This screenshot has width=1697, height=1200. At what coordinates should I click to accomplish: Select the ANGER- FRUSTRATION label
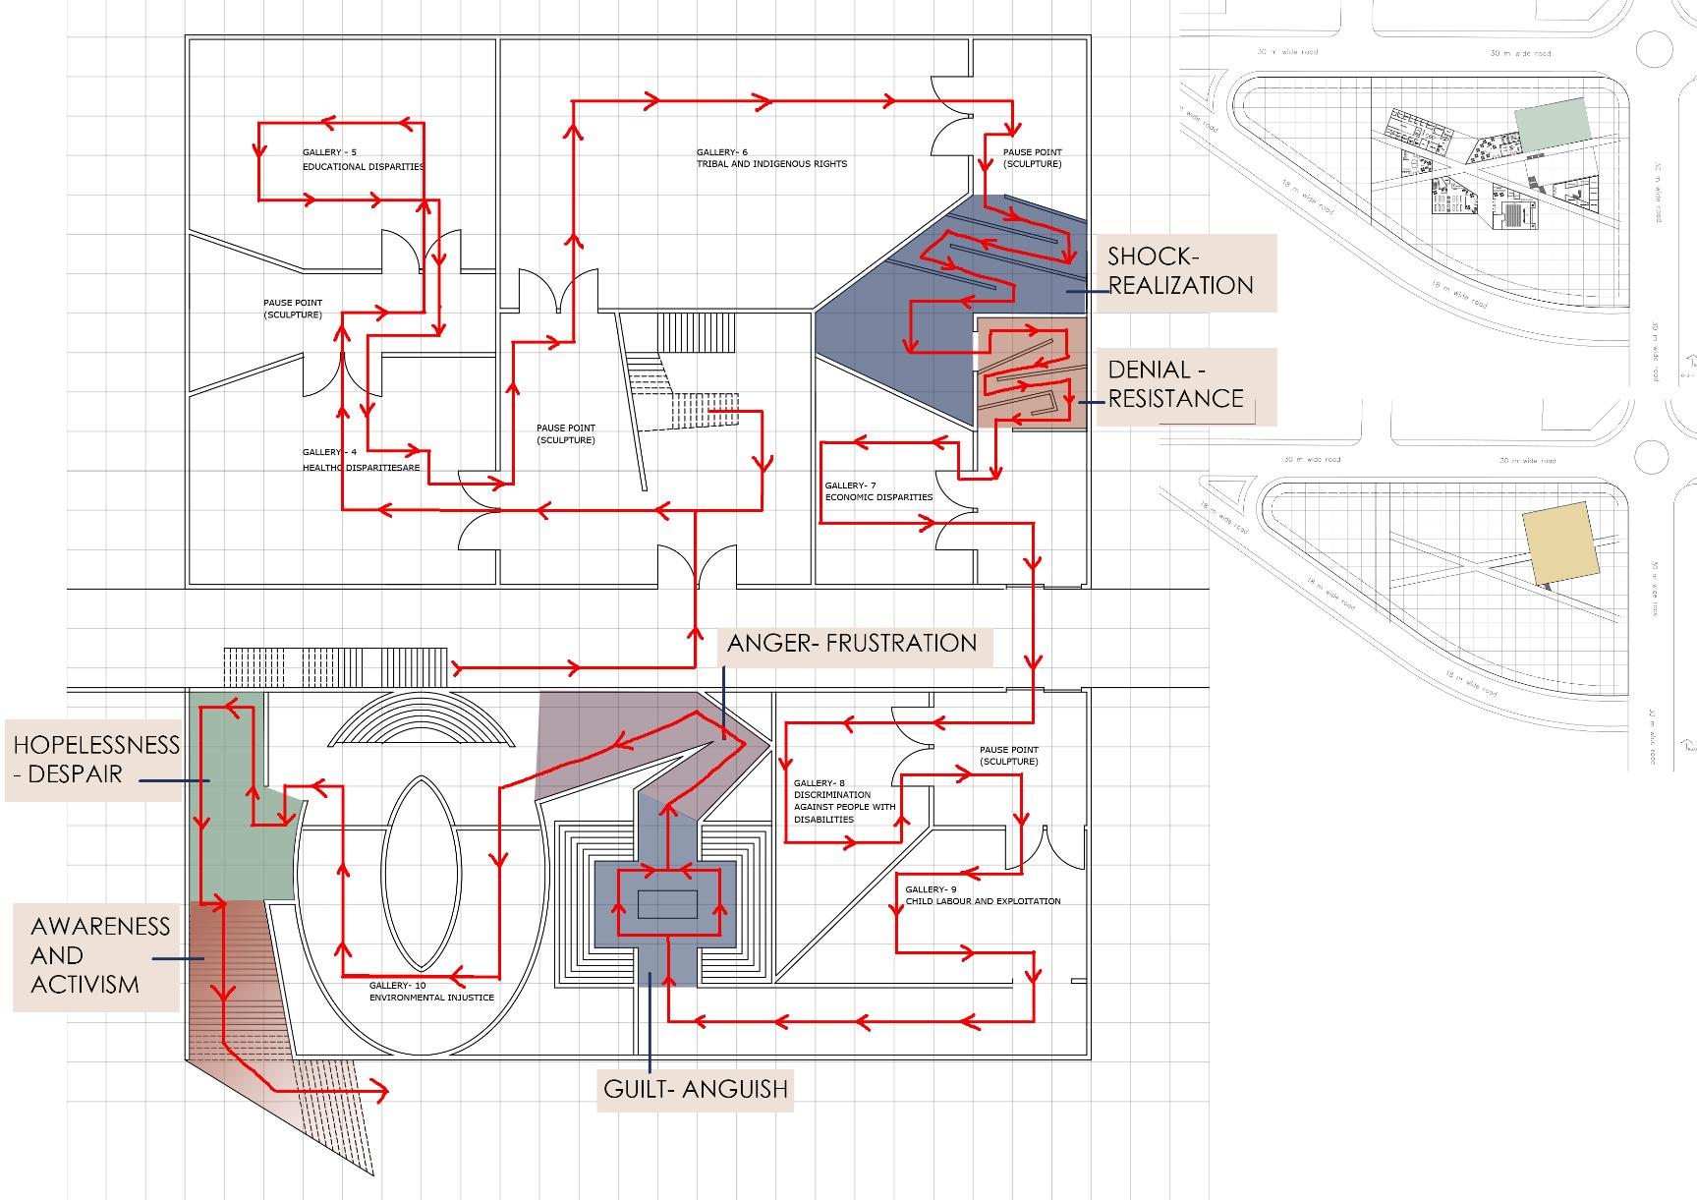coord(851,644)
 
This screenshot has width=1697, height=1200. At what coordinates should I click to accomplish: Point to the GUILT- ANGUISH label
coord(695,1089)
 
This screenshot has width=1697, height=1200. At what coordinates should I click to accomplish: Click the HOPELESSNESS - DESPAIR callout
coord(94,760)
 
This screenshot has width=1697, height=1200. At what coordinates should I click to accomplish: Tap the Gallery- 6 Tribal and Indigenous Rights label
coord(770,158)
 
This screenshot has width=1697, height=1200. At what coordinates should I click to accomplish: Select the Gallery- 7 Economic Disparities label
coord(877,491)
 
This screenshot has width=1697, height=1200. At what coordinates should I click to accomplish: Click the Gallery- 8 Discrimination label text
coord(844,801)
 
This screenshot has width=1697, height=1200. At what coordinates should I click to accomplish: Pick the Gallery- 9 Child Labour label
coord(982,894)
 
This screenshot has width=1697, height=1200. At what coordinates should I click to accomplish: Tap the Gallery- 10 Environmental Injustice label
coord(430,991)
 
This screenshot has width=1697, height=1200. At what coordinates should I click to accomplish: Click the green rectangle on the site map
coord(1552,125)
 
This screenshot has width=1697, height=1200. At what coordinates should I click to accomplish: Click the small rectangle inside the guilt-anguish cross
coord(667,903)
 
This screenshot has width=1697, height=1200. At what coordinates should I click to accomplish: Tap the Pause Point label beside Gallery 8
coord(1008,756)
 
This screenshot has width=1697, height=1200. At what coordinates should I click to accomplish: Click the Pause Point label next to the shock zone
coord(1032,158)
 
